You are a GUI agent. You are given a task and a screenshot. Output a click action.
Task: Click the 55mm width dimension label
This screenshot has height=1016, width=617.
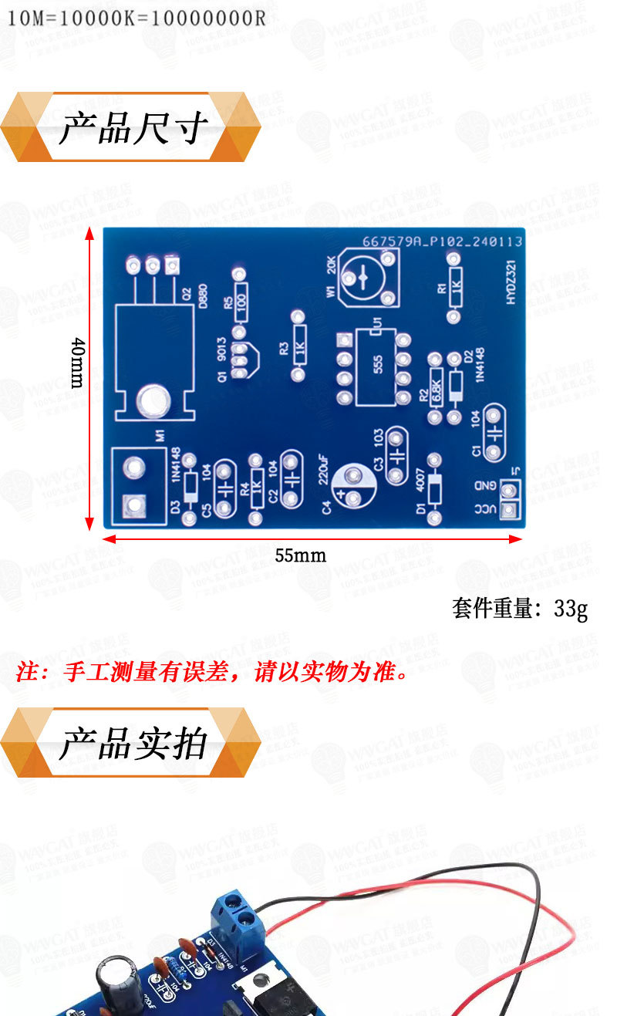coord(300,555)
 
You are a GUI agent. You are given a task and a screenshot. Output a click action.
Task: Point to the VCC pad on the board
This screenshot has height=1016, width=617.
coord(509,510)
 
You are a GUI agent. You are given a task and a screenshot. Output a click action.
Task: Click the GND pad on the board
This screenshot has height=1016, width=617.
coord(509,488)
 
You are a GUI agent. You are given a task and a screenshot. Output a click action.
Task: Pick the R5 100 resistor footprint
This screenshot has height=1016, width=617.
coord(240,297)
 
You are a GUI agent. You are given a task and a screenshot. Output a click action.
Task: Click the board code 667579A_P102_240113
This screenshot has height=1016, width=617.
coord(443,241)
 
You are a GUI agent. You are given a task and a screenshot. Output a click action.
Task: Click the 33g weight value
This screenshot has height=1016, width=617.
coord(571,609)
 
